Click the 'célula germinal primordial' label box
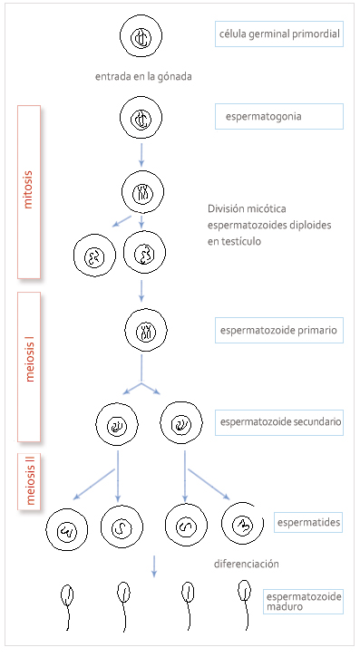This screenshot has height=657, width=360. point(278,35)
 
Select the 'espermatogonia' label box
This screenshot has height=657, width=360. point(278,116)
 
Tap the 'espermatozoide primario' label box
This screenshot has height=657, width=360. point(278,331)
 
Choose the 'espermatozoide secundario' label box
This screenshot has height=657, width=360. point(279,421)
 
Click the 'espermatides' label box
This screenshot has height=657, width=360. point(308,524)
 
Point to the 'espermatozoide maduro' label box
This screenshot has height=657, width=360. point(303,602)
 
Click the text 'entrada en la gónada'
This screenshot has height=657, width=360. point(143,76)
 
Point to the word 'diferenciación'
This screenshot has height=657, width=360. point(247,564)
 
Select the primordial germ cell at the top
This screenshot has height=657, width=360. point(141,37)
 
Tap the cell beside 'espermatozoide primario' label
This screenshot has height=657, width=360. point(141,332)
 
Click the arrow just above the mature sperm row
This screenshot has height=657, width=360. point(154,565)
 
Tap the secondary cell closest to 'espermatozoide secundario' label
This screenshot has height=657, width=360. point(180,422)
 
